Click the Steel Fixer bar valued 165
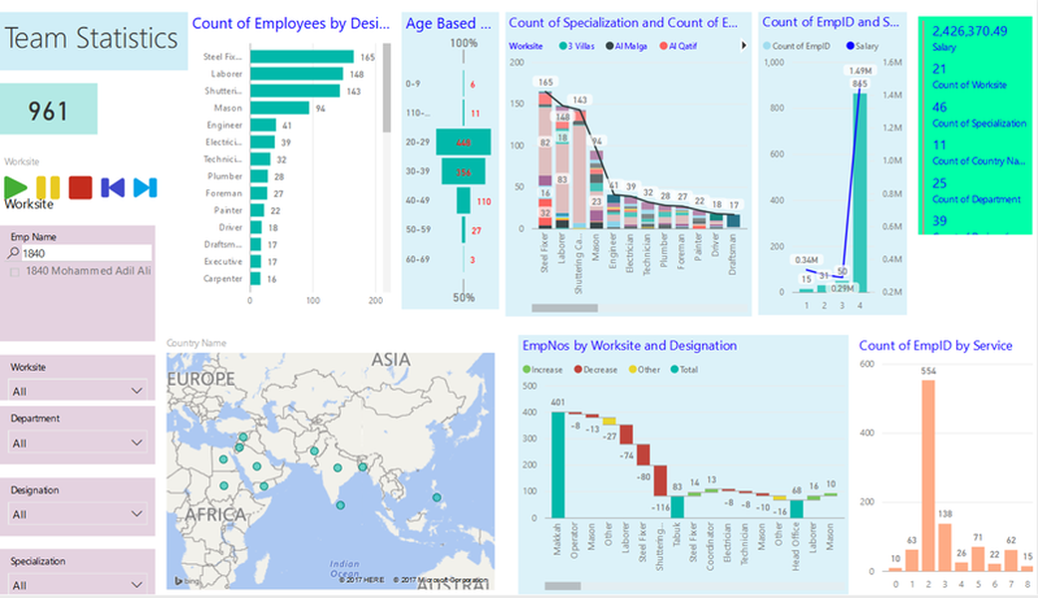click(301, 57)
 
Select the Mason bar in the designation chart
click(279, 108)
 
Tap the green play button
click(16, 186)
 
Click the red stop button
click(81, 186)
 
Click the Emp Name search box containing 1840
click(85, 253)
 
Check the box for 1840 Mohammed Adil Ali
click(15, 270)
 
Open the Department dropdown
click(78, 443)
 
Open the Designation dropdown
click(78, 514)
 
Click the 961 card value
click(48, 110)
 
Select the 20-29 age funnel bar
click(464, 143)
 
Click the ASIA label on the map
click(391, 360)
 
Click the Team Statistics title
click(92, 39)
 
